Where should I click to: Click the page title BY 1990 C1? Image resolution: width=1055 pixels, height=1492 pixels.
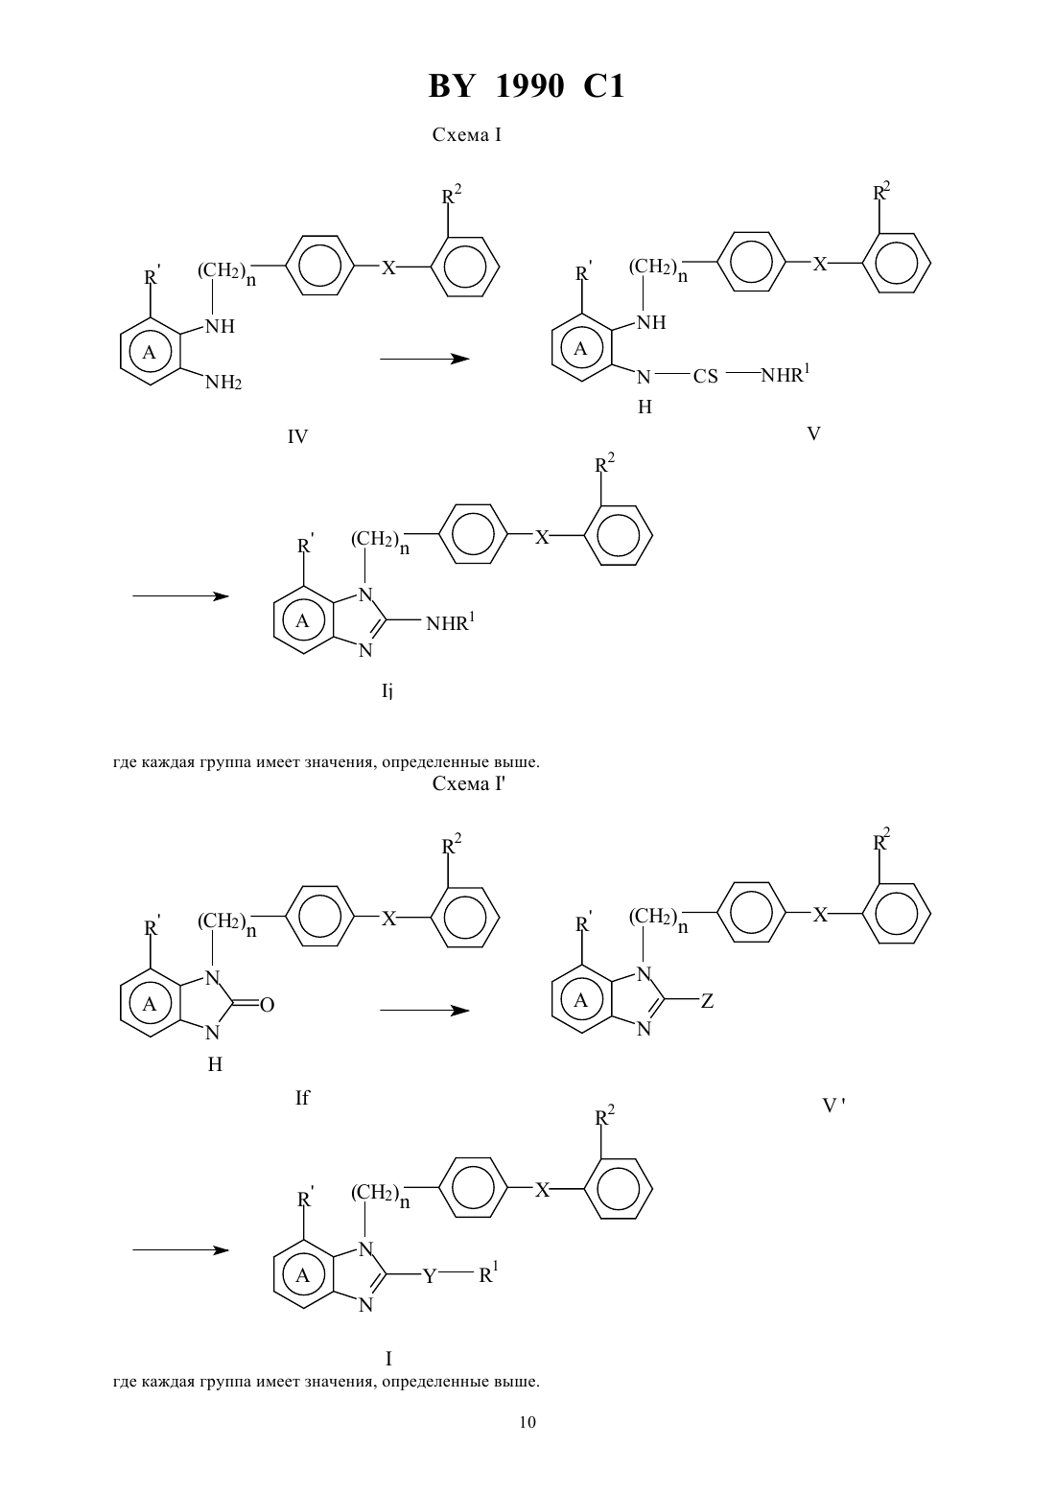(527, 86)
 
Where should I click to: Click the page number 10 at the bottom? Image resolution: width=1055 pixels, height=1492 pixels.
(527, 1422)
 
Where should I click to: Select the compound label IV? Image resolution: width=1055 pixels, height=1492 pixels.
(297, 437)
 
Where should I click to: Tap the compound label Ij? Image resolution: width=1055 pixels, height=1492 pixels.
(387, 691)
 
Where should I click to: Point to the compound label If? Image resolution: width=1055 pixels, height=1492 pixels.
(302, 1097)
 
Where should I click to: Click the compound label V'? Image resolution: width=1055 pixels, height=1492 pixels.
(833, 1106)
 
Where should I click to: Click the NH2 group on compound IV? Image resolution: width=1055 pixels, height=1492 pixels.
(223, 383)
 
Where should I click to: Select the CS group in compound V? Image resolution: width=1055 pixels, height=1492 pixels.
(705, 377)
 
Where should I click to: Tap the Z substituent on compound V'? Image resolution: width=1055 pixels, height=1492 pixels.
(707, 1001)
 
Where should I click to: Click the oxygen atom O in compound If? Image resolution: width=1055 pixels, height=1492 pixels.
(267, 1005)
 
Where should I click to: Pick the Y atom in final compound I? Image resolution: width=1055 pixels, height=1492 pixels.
(430, 1276)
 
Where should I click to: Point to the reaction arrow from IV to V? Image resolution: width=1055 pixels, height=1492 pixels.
(424, 359)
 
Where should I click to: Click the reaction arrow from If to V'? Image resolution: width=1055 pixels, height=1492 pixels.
(424, 1011)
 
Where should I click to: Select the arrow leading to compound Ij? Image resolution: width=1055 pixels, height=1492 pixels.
(180, 596)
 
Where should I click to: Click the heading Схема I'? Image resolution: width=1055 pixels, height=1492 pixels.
(469, 784)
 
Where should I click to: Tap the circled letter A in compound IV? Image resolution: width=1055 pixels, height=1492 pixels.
(150, 352)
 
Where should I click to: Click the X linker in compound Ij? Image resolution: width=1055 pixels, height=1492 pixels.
(542, 538)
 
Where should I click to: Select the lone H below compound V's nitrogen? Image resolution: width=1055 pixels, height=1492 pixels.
(645, 407)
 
